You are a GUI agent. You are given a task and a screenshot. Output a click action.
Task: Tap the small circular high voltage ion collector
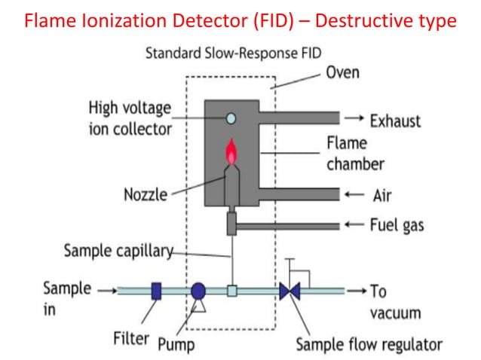click(x=231, y=117)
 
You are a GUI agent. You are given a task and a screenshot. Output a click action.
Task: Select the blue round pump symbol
click(x=198, y=291)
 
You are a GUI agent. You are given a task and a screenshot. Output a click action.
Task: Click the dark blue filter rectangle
click(x=157, y=291)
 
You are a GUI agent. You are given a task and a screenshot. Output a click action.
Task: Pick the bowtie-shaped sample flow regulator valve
click(x=290, y=291)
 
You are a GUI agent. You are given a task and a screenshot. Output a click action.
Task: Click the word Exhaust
click(x=395, y=120)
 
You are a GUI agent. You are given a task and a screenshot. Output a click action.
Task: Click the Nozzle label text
click(x=146, y=195)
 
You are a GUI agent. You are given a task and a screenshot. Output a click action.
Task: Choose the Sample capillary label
click(x=118, y=251)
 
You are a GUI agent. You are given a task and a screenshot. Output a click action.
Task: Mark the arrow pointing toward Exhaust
click(x=354, y=120)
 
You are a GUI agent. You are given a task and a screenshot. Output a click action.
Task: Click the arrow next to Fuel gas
click(x=354, y=224)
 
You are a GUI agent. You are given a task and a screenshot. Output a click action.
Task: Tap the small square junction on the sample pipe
click(x=232, y=291)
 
